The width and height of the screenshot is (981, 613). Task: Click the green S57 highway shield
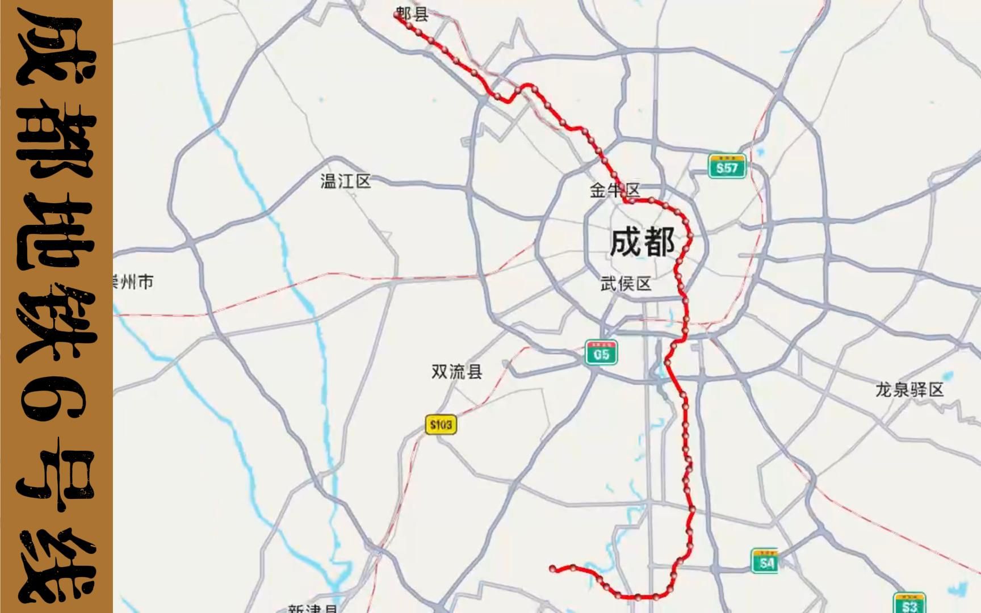pyautogui.click(x=727, y=167)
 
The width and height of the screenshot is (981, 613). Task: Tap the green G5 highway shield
pyautogui.click(x=601, y=354)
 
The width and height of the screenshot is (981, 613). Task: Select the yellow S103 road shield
pyautogui.click(x=441, y=425)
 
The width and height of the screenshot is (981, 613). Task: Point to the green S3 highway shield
pyautogui.click(x=909, y=604)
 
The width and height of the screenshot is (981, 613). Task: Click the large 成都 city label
pyautogui.click(x=642, y=242)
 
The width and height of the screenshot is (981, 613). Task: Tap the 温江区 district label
pyautogui.click(x=345, y=182)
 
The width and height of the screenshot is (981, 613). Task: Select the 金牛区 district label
pyautogui.click(x=615, y=191)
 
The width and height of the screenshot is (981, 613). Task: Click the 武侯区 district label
pyautogui.click(x=626, y=284)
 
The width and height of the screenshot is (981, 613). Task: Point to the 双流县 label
pyautogui.click(x=457, y=372)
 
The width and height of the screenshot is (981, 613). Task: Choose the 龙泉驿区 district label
pyautogui.click(x=909, y=391)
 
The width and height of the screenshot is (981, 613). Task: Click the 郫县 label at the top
pyautogui.click(x=413, y=15)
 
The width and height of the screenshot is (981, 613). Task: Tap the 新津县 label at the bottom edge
pyautogui.click(x=312, y=608)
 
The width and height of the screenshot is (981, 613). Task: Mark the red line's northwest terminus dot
pyautogui.click(x=397, y=15)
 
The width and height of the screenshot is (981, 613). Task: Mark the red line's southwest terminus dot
pyautogui.click(x=552, y=568)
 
